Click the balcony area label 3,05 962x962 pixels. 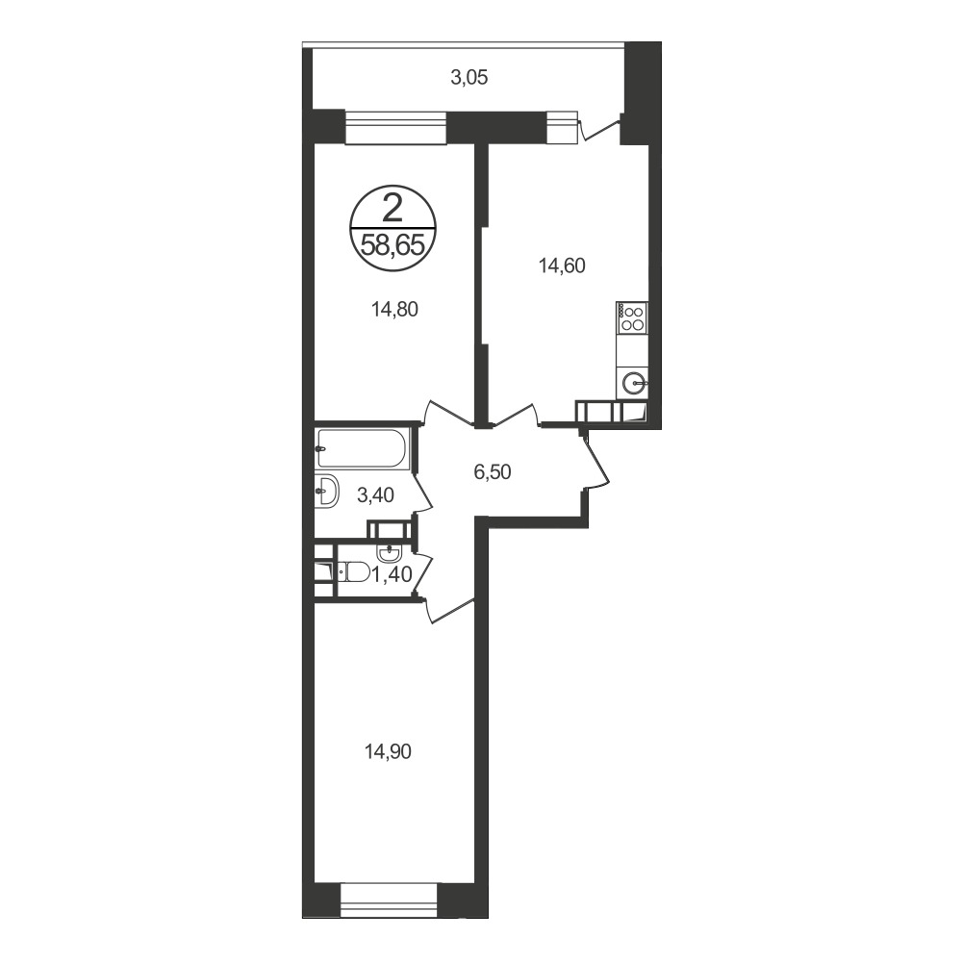469,78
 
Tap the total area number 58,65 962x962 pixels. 392,246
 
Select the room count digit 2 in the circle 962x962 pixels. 392,208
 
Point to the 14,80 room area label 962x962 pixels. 394,309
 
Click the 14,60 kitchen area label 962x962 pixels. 562,266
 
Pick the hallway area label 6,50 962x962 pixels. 493,471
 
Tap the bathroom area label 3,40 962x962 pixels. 375,494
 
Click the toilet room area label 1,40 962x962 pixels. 392,575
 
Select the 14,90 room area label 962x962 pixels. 388,751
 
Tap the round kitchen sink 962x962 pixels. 633,384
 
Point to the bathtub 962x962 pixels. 362,448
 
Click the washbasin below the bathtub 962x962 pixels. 326,492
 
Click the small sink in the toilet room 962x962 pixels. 389,553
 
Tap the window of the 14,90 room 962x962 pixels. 389,901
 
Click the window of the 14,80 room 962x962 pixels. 395,128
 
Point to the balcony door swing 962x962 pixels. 598,130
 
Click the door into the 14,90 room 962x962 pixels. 448,611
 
